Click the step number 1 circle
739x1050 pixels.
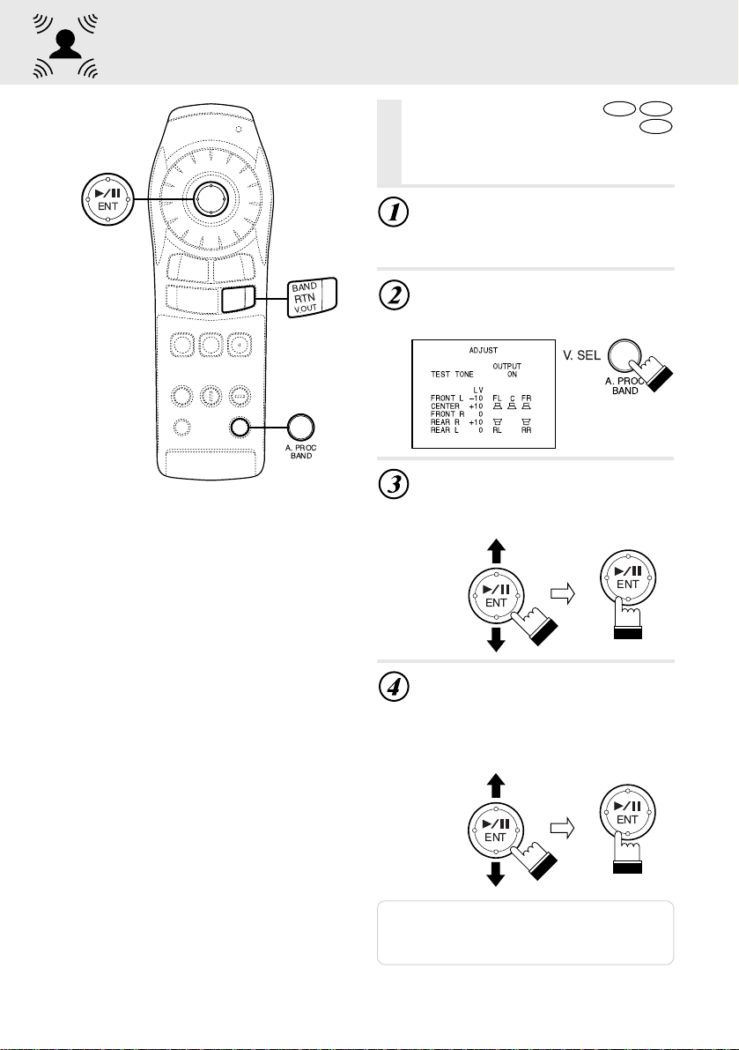(394, 212)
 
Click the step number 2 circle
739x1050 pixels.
(394, 294)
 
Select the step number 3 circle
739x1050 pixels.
(394, 484)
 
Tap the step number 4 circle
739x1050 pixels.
(394, 687)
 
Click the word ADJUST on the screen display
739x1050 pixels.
(484, 350)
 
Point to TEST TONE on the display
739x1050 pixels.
(452, 375)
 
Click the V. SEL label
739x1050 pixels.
(582, 355)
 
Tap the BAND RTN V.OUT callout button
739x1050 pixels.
(313, 297)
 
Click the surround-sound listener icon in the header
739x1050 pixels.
(65, 46)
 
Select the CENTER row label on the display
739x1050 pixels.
(446, 406)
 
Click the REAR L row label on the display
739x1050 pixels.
(445, 430)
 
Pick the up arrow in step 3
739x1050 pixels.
(496, 552)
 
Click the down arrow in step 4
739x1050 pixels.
(496, 874)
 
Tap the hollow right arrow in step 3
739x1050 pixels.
(563, 593)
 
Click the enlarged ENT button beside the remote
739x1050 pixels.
(107, 199)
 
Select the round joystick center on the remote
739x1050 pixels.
(211, 198)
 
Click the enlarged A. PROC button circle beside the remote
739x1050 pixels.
(300, 427)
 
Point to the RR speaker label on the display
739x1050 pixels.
(527, 430)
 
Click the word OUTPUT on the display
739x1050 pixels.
(507, 366)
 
